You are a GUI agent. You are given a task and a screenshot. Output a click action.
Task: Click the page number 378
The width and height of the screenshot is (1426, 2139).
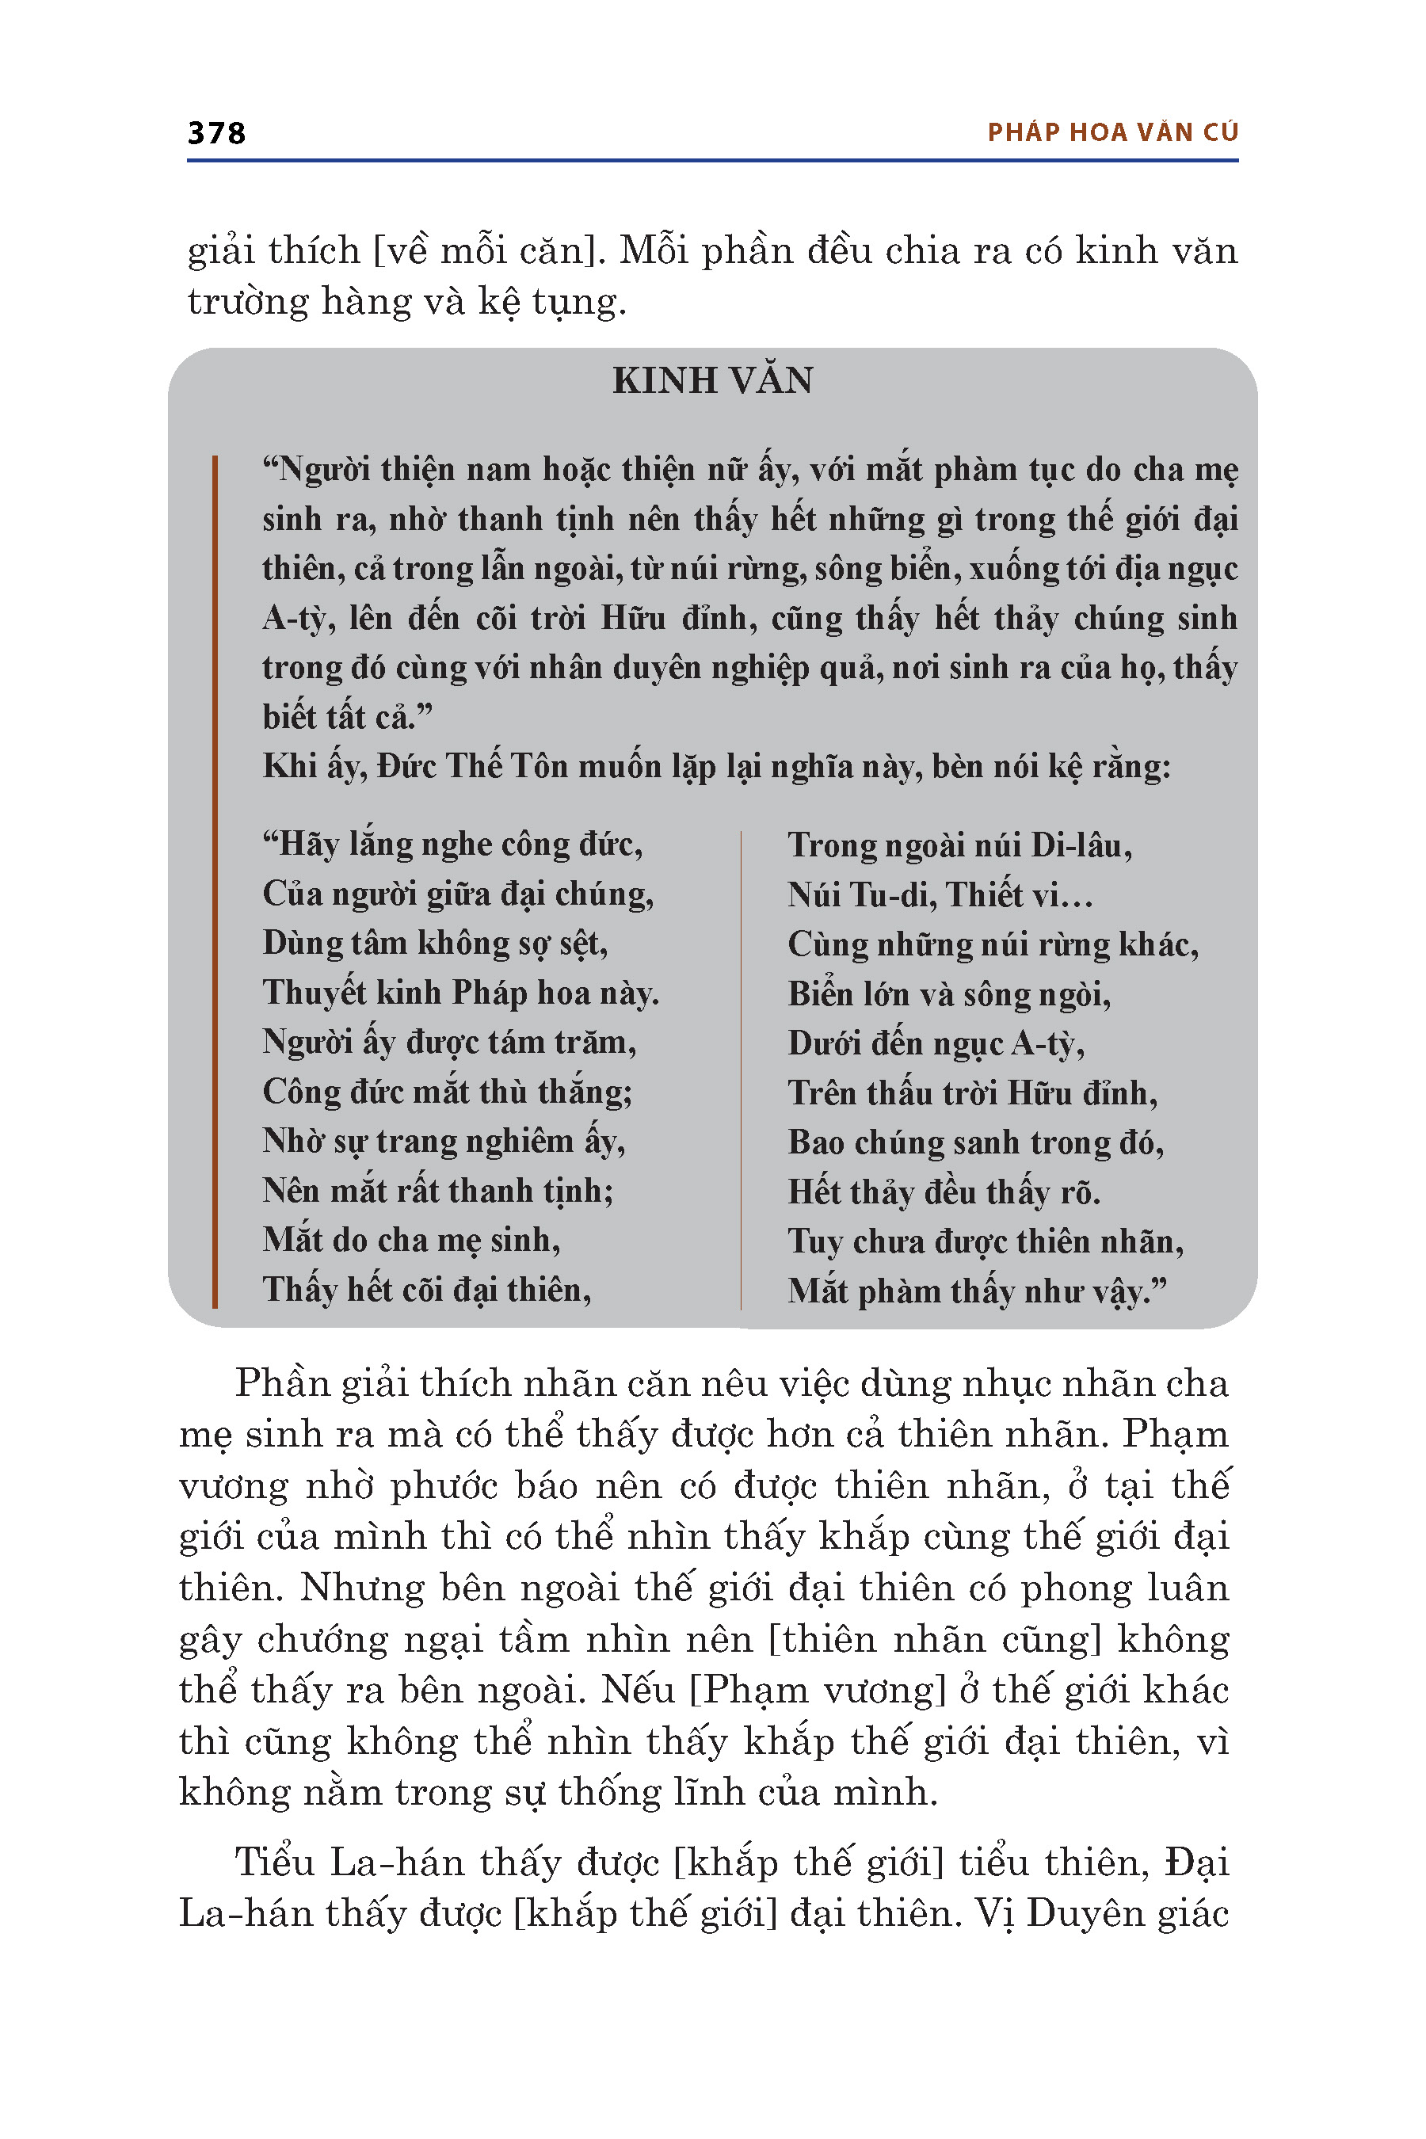point(216,133)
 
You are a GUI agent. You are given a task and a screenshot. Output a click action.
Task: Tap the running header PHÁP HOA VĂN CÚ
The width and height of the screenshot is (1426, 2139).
point(1112,133)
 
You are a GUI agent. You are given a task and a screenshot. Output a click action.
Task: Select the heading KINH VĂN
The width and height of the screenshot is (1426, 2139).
point(712,380)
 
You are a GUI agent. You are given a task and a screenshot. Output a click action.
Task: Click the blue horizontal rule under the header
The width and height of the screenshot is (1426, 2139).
point(712,161)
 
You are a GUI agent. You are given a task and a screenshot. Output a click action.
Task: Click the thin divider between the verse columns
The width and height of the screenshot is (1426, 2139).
point(742,1069)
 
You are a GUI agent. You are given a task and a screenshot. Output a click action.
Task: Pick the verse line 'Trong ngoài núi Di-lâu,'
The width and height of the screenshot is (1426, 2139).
point(959,846)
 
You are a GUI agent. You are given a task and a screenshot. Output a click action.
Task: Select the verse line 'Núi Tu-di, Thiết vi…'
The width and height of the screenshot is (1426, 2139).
point(940,895)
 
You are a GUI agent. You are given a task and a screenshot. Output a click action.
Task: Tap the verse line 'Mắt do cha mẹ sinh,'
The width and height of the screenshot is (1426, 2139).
point(411,1241)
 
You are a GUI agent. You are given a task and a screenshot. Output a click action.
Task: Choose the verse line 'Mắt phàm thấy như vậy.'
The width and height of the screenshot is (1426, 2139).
point(977,1291)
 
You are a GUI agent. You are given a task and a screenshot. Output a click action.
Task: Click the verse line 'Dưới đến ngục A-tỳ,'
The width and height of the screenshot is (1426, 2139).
point(936,1043)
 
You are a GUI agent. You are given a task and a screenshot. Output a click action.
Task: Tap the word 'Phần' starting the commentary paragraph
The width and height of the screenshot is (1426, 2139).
point(280,1384)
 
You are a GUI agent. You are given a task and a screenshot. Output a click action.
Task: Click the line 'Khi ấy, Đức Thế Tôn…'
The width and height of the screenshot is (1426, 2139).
point(715,767)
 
